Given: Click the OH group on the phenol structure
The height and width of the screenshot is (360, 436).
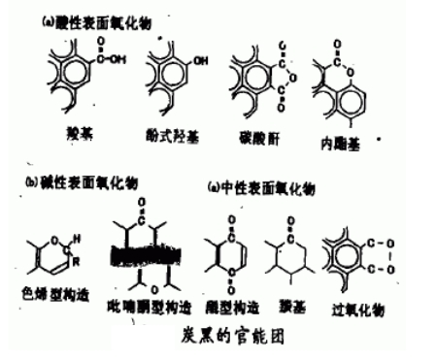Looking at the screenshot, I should tap(199, 61).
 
